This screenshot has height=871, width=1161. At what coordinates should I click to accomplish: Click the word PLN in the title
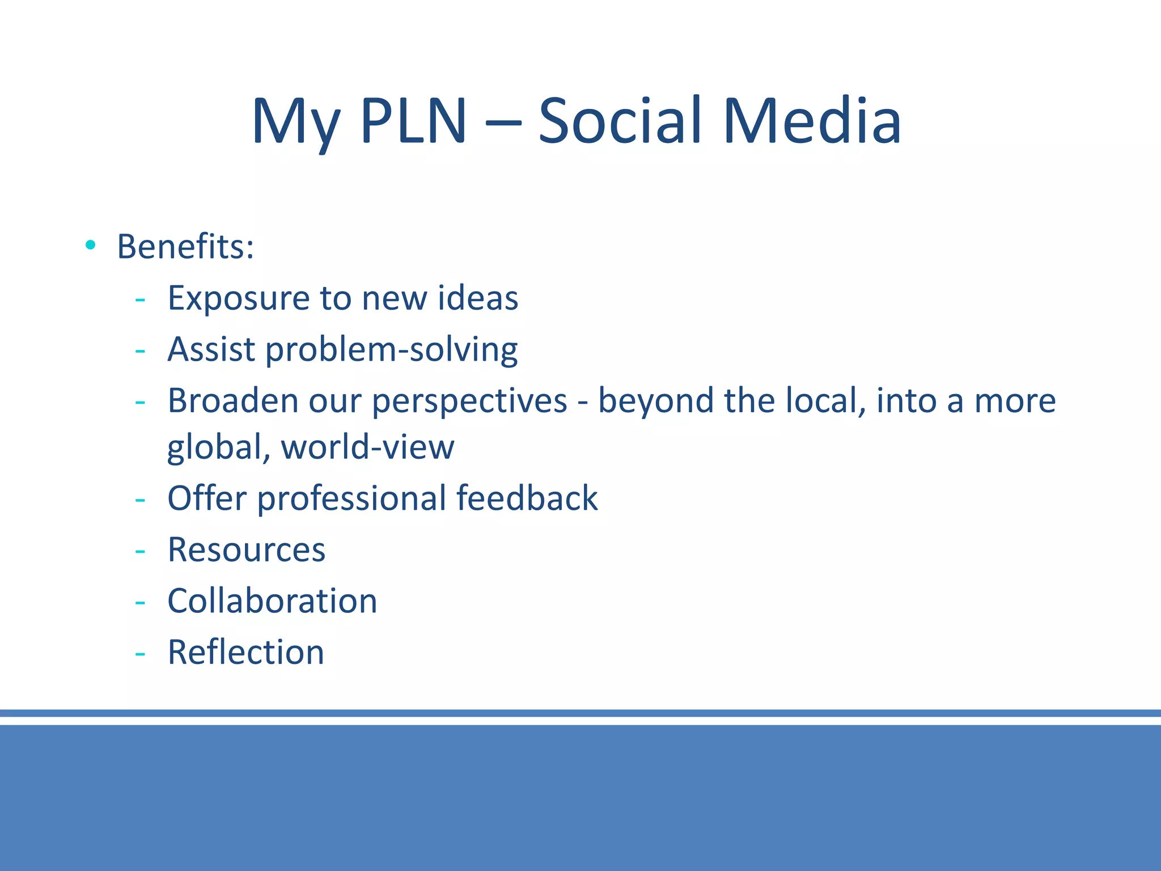coord(413,121)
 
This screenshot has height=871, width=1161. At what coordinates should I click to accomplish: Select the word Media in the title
coord(812,121)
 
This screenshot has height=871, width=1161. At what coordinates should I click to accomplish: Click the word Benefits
coord(185,247)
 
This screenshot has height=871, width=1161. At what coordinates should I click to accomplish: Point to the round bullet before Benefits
coord(90,245)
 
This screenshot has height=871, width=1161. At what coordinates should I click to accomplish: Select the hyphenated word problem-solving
coord(391,350)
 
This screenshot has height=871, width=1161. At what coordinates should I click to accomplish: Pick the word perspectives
coord(469,401)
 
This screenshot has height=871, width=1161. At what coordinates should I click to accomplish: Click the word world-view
coord(367,447)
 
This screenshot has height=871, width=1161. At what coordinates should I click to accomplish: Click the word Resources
coord(247,549)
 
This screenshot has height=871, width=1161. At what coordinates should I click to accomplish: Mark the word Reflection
coord(246,652)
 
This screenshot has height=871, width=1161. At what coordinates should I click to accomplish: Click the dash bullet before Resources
coord(140,551)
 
